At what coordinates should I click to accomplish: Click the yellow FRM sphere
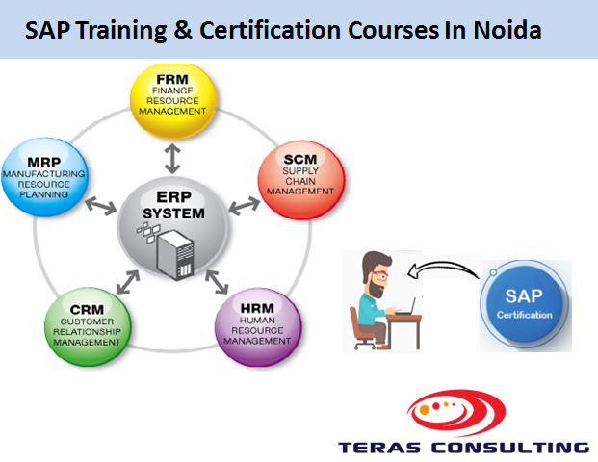tap(173, 100)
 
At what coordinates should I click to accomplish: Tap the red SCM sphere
tap(300, 180)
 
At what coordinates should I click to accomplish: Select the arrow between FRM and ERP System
tap(172, 153)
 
